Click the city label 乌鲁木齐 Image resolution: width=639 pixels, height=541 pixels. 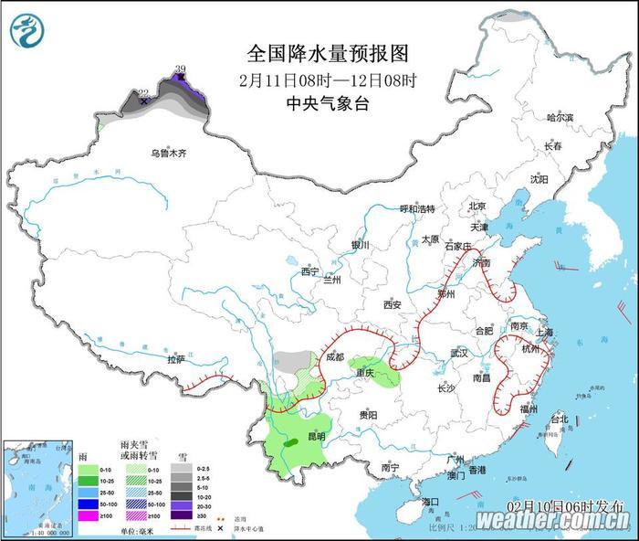168,154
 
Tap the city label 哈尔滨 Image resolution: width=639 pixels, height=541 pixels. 559,118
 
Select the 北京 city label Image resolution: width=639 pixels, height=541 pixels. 477,207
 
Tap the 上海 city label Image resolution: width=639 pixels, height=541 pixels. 546,332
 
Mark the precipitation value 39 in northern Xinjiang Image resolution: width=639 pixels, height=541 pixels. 180,69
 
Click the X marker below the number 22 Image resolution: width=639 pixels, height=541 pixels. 144,101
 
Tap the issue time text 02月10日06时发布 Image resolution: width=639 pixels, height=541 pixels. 563,505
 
